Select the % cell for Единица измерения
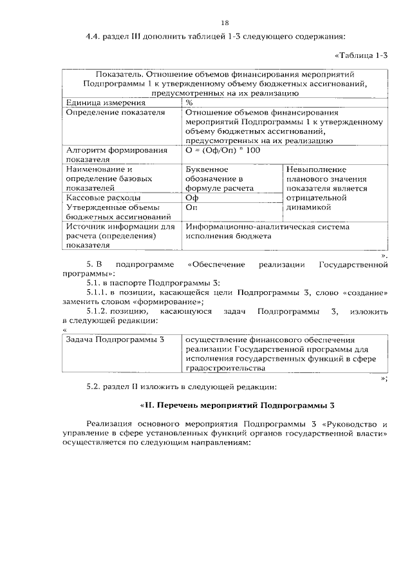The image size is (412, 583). click(189, 102)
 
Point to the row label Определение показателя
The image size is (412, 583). click(107, 112)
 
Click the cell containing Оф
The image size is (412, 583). click(192, 198)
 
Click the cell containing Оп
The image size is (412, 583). click(192, 207)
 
